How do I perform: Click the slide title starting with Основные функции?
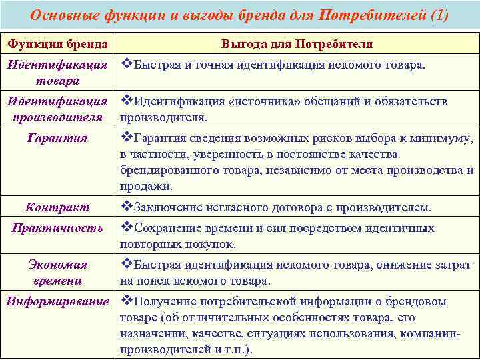coord(239,15)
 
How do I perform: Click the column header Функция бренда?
coord(57,44)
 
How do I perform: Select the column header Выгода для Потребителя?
coord(297,44)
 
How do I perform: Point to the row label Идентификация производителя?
coord(57,109)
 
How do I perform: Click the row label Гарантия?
coord(57,138)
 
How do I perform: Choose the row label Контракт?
coord(57,207)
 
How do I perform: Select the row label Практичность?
coord(57,228)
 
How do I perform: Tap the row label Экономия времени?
coord(57,273)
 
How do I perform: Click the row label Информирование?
coord(57,301)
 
